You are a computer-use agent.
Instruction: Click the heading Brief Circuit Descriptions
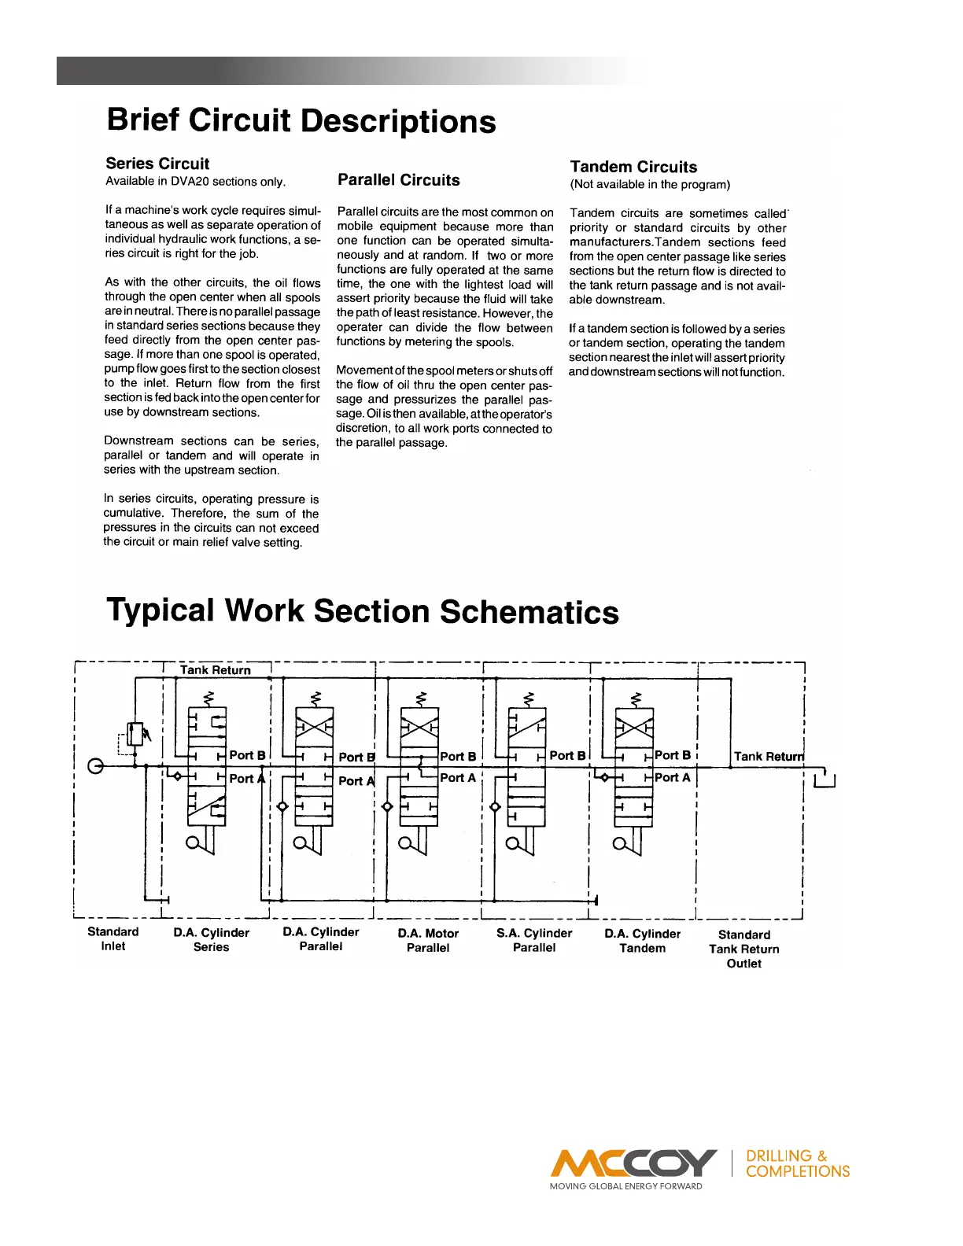301,121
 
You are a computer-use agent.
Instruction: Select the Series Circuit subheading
157,164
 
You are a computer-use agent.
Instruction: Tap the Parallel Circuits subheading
399,180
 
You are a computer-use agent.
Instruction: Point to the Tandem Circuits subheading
633,167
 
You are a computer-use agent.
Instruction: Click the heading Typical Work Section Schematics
363,611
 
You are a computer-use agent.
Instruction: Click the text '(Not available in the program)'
650,185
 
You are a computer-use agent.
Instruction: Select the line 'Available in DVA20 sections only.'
195,182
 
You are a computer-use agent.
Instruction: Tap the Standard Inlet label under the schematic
113,939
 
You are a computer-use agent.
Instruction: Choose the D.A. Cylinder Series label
212,940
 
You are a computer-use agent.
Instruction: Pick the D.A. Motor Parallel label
428,941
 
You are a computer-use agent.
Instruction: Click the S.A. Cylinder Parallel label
534,941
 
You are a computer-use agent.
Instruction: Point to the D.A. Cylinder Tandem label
643,941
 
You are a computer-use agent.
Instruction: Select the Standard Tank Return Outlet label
744,949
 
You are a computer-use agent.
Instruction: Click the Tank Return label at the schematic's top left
215,670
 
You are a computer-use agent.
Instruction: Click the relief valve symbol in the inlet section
135,734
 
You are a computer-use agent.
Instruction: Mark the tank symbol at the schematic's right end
824,780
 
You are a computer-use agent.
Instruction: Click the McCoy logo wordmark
633,1163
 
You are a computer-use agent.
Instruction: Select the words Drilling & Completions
798,1163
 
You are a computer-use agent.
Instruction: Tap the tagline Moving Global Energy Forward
625,1186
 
